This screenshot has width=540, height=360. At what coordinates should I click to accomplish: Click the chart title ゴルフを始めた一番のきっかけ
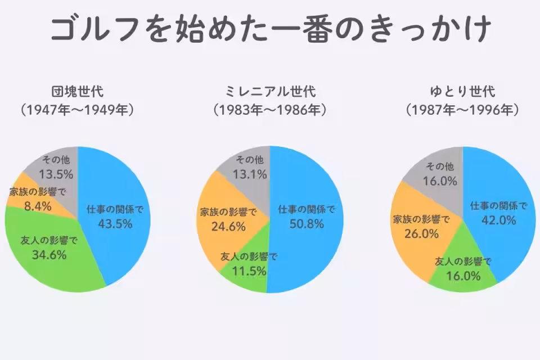click(270, 29)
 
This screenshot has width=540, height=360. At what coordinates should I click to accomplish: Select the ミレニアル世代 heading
click(270, 91)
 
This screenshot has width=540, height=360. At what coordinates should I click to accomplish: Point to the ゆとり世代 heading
click(462, 91)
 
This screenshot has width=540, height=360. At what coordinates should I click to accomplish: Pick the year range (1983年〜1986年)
click(270, 110)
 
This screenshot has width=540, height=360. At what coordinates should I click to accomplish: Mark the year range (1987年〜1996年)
click(462, 110)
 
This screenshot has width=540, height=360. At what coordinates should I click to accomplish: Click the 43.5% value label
click(115, 224)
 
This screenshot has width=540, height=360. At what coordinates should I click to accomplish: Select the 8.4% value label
click(38, 206)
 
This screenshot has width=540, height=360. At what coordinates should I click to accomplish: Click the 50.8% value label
click(307, 224)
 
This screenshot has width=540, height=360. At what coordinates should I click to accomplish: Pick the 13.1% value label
click(248, 174)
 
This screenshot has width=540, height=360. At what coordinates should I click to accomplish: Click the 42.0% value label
click(499, 220)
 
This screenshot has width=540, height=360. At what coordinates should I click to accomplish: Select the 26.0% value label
click(421, 233)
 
